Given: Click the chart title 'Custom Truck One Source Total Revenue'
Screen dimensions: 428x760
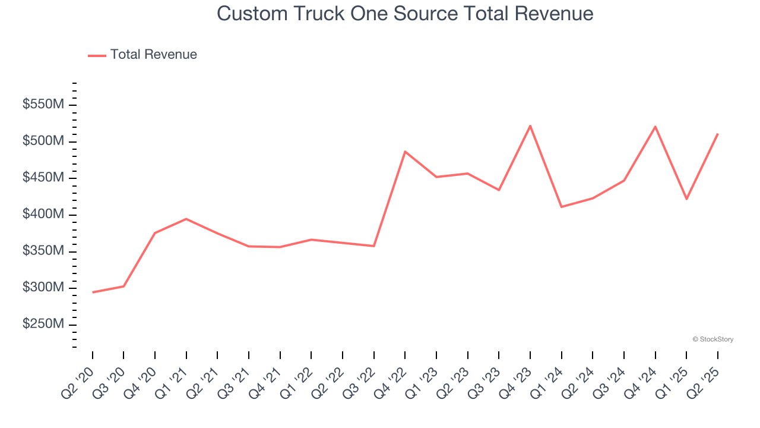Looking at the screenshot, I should [405, 13].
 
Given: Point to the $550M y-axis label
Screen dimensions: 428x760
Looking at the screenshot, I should [43, 105].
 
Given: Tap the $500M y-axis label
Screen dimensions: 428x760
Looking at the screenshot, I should [43, 141].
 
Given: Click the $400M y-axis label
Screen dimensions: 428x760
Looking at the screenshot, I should [43, 215].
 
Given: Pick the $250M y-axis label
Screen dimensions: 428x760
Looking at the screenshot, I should [43, 325].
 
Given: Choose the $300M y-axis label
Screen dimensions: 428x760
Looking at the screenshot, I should [43, 288].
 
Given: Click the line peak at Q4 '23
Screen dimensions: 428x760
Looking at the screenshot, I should [530, 126].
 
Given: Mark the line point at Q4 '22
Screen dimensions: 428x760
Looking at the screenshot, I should [405, 152].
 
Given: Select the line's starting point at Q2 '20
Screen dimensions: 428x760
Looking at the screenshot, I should [93, 292].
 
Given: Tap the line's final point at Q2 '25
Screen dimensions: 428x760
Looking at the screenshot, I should [717, 134].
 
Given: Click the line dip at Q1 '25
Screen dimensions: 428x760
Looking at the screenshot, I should [686, 199].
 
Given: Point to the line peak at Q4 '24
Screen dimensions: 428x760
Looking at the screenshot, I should [655, 127].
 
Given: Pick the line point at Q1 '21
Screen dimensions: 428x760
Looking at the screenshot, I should [186, 219].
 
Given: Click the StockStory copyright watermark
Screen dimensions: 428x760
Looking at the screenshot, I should [712, 339].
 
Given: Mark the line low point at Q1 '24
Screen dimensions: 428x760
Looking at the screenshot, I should [561, 207].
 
